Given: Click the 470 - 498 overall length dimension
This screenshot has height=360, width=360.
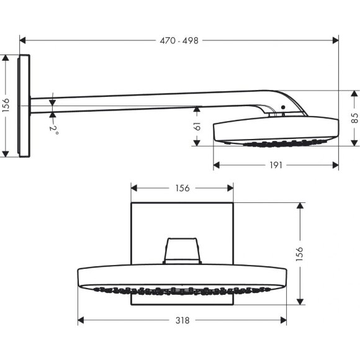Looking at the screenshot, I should [x=179, y=40].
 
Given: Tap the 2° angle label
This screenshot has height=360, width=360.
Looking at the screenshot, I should [x=55, y=130].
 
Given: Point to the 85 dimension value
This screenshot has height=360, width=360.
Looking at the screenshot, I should [x=354, y=118].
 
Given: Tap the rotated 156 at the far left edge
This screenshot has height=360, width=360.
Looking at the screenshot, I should [x=6, y=105].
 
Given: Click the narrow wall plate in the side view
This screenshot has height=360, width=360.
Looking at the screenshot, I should [x=24, y=106].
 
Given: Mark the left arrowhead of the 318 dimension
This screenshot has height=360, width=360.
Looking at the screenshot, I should [x=81, y=320].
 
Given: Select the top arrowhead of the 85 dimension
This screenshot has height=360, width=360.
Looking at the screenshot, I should [x=354, y=93].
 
